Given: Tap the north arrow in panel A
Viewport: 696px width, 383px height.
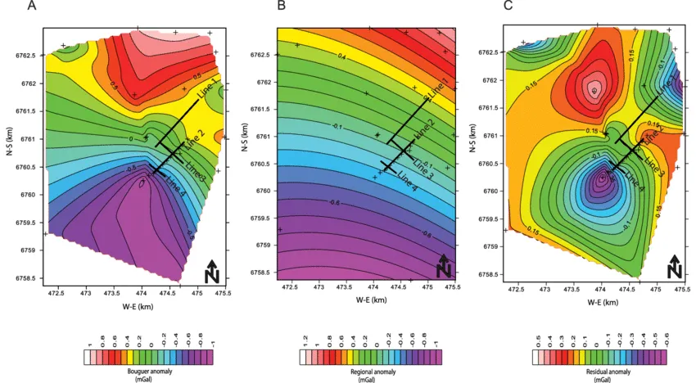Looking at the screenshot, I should (211, 269).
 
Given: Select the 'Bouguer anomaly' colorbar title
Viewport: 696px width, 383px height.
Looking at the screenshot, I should (148, 372).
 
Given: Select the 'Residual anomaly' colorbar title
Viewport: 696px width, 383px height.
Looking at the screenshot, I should (599, 372).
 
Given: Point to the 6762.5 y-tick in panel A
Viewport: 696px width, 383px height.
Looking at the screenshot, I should (24, 55).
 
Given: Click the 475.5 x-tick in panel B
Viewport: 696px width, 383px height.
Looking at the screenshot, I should (450, 288).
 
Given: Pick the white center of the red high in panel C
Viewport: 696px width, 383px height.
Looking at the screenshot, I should (594, 91).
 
